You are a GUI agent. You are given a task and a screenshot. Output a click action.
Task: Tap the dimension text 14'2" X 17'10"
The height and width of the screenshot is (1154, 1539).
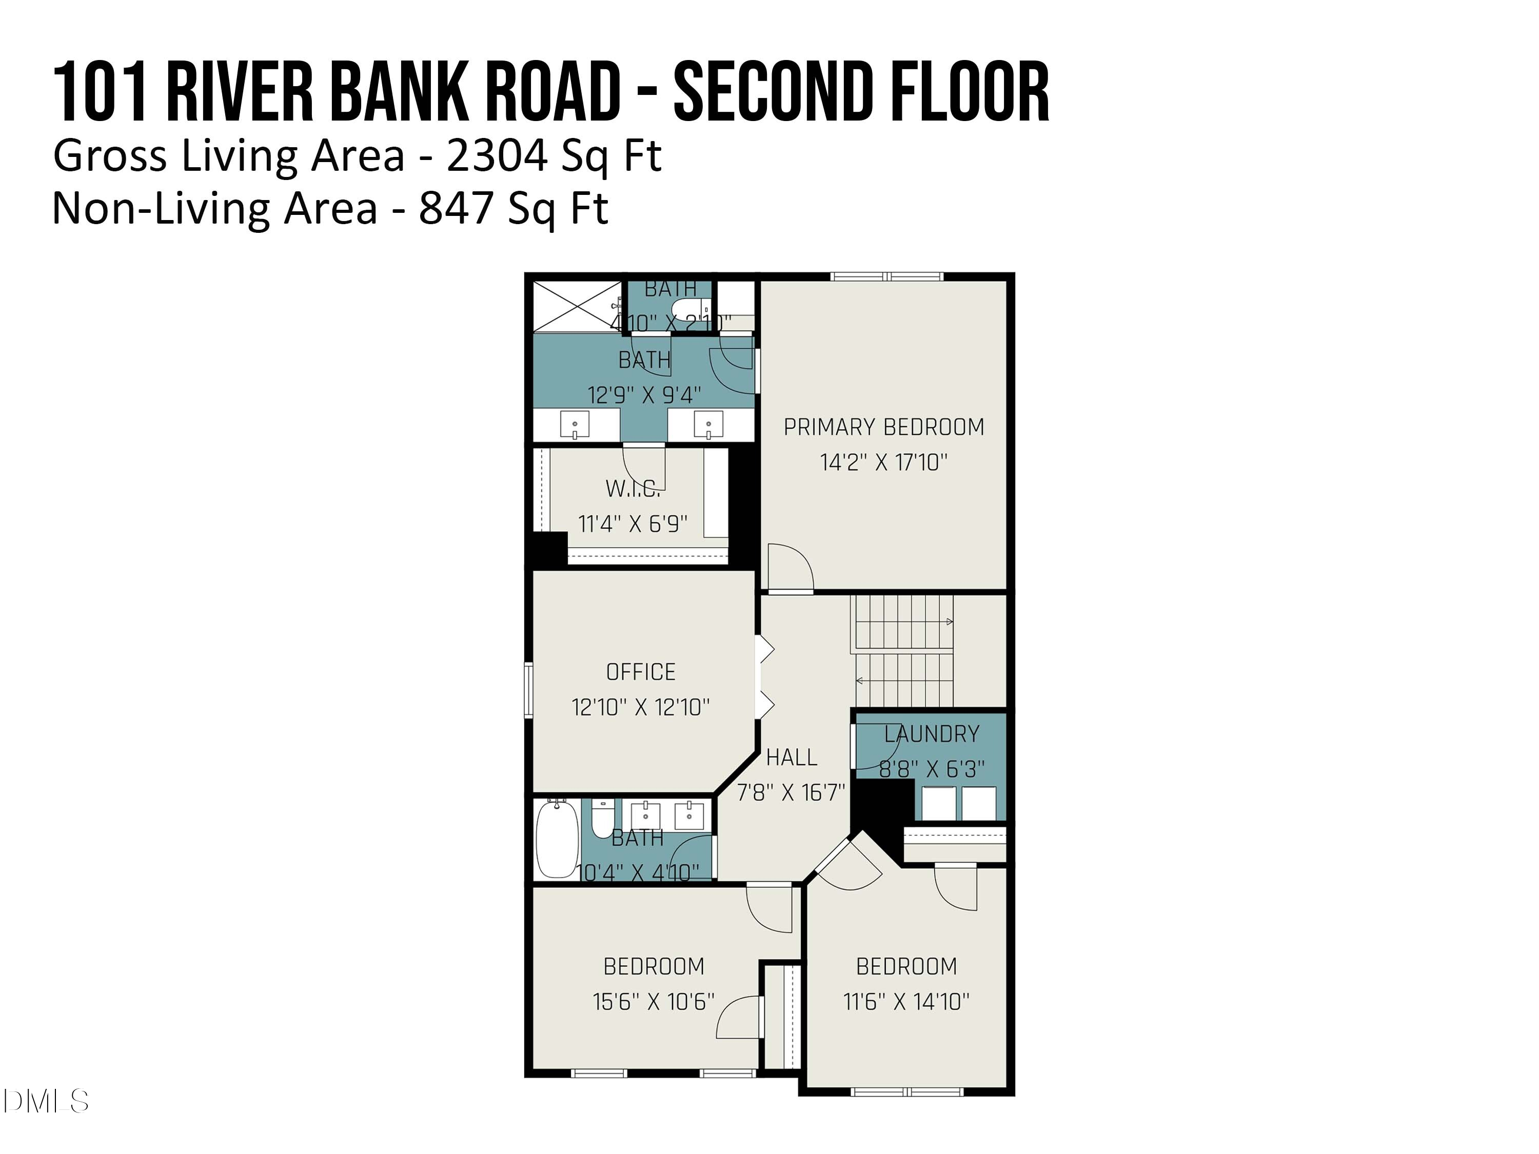(883, 463)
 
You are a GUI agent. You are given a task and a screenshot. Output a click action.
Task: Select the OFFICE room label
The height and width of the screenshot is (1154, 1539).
(640, 672)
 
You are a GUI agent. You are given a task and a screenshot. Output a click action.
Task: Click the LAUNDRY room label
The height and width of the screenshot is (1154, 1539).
(932, 734)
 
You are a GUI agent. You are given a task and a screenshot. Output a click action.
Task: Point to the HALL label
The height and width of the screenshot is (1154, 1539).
(791, 757)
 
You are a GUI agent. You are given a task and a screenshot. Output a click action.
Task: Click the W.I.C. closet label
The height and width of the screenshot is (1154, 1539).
(633, 489)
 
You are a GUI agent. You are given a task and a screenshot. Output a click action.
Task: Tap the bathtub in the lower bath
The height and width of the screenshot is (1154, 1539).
(557, 839)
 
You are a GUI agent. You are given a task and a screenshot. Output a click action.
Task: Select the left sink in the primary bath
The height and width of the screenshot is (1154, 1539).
(575, 424)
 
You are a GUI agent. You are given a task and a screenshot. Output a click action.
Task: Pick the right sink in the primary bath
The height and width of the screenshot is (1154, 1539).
(708, 424)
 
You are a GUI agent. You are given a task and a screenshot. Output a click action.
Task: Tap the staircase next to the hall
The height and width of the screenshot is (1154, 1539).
(903, 651)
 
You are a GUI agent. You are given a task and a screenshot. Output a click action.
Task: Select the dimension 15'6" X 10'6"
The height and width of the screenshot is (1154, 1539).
(654, 1002)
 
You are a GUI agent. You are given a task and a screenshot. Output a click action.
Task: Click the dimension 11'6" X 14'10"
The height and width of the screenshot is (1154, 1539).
(906, 1002)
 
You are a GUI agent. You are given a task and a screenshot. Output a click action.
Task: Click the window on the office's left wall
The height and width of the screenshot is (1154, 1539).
(529, 690)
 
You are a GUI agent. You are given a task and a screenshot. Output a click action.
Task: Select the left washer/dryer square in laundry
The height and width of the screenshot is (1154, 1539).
(938, 803)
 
